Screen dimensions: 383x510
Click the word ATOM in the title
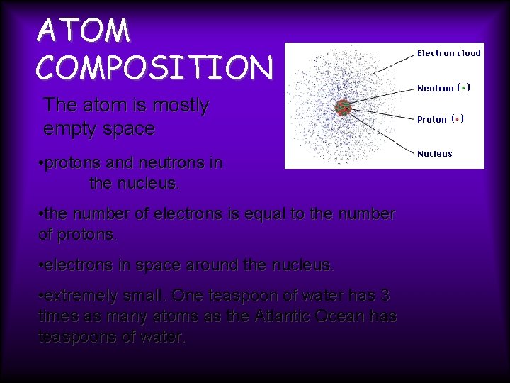tap(84, 32)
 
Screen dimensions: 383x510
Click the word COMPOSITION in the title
tap(154, 68)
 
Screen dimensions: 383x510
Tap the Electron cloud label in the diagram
tap(448, 53)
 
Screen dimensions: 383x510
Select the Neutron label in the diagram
tap(435, 89)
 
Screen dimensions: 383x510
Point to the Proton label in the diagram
tap(431, 120)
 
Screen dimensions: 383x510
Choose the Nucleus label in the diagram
tap(434, 154)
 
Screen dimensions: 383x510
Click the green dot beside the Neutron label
tap(463, 88)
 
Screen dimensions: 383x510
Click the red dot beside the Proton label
tap(457, 119)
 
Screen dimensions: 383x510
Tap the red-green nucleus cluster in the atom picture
tap(344, 107)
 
